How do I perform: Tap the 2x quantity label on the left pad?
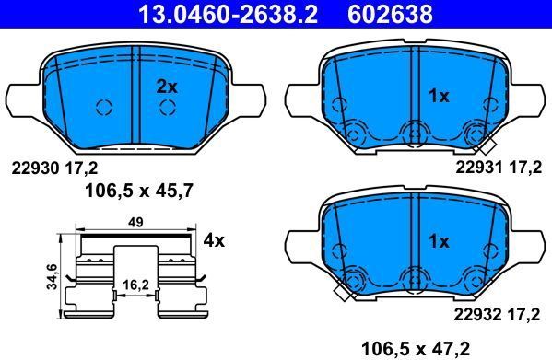click(x=166, y=86)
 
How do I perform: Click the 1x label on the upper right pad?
click(x=439, y=96)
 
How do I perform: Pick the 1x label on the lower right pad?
click(x=439, y=242)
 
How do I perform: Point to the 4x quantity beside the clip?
click(x=214, y=241)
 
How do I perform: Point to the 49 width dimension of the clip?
click(x=135, y=222)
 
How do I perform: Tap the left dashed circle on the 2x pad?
click(x=104, y=107)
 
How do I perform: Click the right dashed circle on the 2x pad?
click(x=167, y=107)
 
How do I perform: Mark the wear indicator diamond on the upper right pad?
click(x=487, y=145)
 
